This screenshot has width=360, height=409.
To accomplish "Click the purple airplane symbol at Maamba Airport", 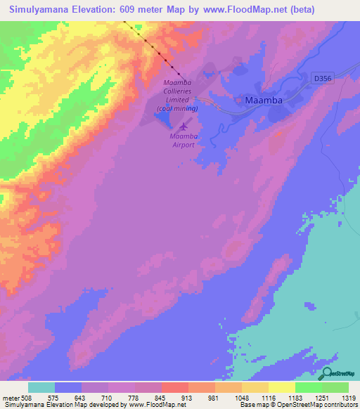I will point(184,126).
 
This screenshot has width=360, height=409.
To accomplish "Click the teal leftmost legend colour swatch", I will point(41,387).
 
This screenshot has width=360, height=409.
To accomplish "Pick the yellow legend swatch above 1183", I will point(281,387).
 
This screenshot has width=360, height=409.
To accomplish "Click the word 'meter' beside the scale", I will point(11,397).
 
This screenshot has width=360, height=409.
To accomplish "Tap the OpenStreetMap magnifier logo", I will point(327,374).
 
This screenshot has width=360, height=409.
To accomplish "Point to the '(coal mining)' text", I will point(177,109).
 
